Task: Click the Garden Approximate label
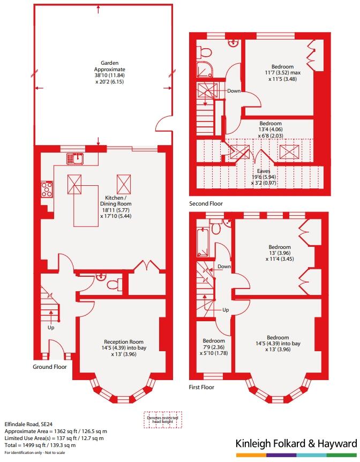[109, 72]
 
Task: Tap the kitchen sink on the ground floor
[77, 157]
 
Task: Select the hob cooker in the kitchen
[47, 190]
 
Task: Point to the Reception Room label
[124, 347]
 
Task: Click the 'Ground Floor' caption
[49, 367]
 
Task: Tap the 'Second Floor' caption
[206, 204]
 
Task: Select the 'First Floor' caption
[201, 387]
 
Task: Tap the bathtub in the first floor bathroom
[205, 240]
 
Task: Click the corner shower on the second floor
[204, 68]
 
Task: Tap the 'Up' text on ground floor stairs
[51, 328]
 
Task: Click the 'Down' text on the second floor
[234, 91]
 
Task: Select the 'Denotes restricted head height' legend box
[163, 419]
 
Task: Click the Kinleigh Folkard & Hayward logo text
[296, 444]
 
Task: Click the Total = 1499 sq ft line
[40, 445]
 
